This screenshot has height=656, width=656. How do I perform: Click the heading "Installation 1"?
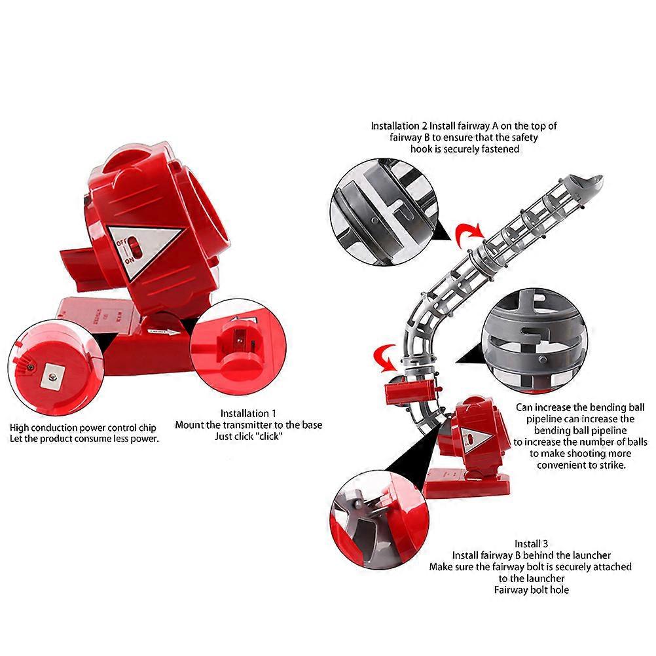tap(248, 413)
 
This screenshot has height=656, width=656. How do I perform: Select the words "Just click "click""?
tap(249, 437)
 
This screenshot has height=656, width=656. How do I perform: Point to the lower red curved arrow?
tap(385, 355)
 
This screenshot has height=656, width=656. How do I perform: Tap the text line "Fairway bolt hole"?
tap(532, 590)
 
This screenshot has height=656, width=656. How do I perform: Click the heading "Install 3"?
tap(531, 544)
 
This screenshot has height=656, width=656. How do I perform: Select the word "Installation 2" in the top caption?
tap(399, 126)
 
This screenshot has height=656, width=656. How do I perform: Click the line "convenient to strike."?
tap(581, 465)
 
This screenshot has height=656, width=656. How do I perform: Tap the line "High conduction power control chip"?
tap(83, 428)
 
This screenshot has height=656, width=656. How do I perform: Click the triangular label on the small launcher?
tap(476, 437)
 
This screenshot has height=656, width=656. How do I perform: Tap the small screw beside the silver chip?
tap(31, 368)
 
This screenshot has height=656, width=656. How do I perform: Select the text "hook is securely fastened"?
tap(465, 149)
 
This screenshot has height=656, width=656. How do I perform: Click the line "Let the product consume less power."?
tap(84, 439)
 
